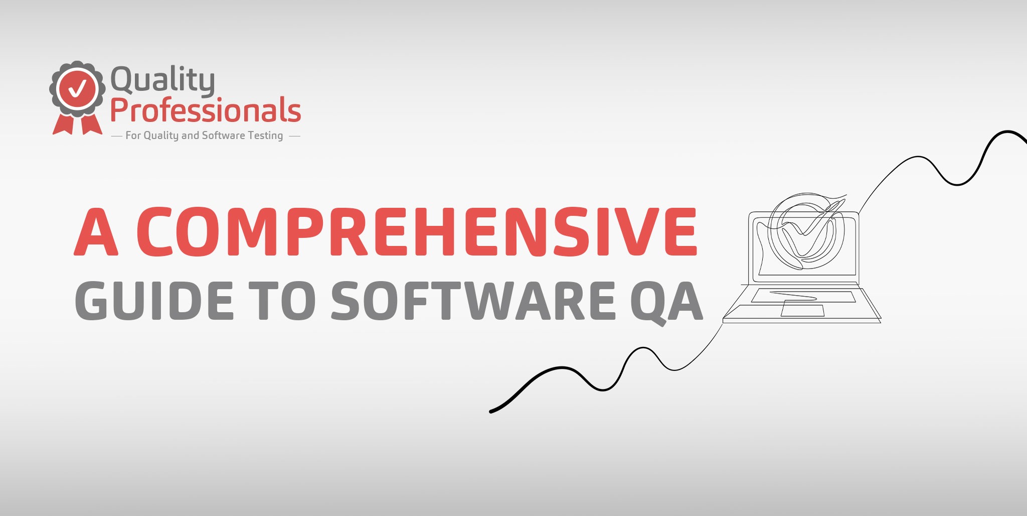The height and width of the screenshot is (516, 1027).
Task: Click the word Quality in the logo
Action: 162,80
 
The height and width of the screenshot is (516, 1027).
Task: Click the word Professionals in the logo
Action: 206,110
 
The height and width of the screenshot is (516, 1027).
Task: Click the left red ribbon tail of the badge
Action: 64,124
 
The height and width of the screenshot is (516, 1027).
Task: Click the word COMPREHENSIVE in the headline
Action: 417,231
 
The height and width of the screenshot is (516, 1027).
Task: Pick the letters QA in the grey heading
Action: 666,302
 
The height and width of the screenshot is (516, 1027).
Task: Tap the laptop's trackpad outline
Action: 802,310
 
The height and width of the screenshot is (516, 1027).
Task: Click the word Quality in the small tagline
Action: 161,136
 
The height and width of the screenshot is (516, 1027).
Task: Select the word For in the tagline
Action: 133,135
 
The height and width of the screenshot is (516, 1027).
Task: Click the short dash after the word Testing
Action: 295,136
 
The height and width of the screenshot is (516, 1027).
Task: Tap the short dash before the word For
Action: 116,136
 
